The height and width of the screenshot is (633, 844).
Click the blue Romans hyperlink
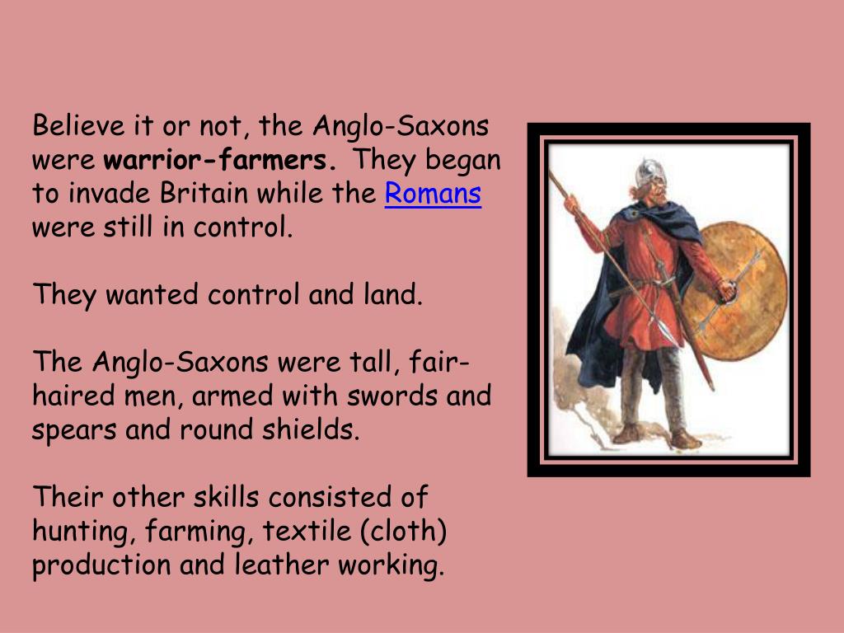click(x=433, y=195)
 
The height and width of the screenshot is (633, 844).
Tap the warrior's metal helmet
click(x=648, y=171)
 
